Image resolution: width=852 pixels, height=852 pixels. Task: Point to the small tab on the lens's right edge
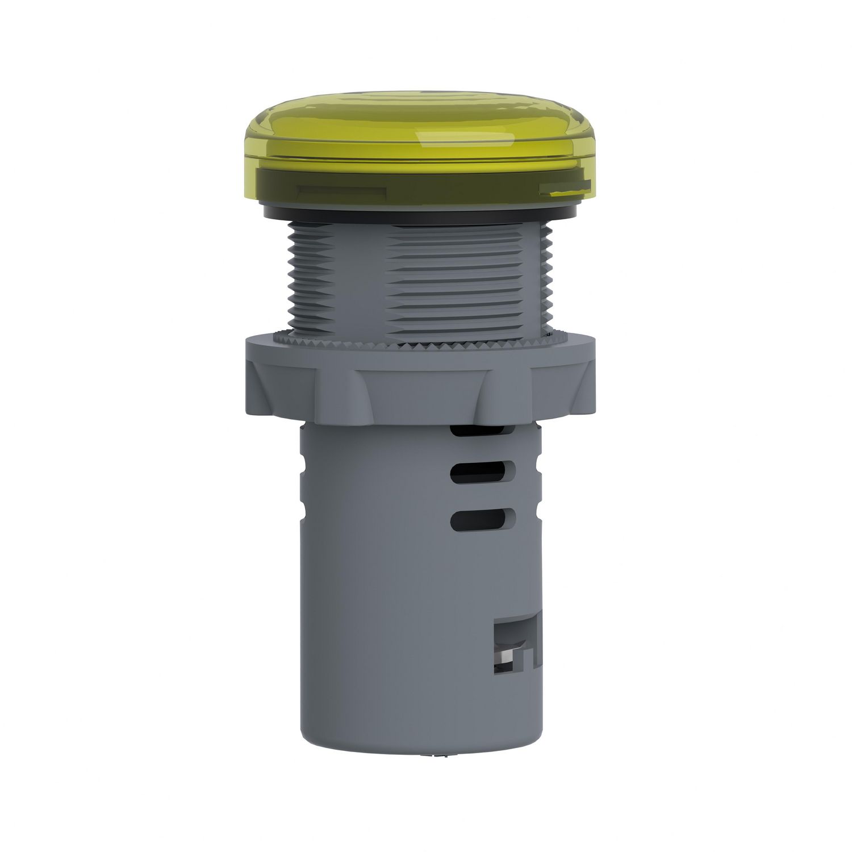563,189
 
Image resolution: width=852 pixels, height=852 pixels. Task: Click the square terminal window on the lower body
518,648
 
